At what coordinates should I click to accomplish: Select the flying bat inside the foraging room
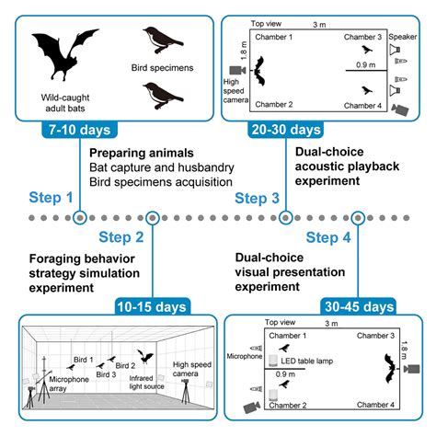click(x=143, y=354)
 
